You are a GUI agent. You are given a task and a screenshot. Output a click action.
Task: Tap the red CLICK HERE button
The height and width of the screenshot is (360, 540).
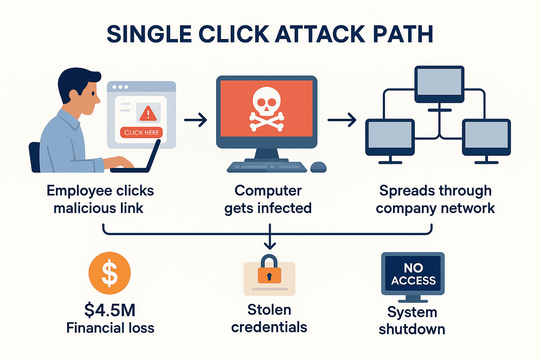click(141, 133)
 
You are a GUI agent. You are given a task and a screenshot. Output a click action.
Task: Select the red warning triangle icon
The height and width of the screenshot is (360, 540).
click(148, 114)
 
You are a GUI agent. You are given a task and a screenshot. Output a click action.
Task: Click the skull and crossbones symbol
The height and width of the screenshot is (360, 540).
click(266, 109)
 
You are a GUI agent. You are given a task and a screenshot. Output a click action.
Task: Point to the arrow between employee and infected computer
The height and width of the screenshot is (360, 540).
click(195, 120)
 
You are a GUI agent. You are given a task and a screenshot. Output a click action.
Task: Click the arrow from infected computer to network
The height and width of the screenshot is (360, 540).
click(342, 120)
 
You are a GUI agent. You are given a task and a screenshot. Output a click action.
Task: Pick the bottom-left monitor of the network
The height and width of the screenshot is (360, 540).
click(390, 136)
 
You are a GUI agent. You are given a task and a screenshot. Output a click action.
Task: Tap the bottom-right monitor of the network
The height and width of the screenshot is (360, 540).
click(486, 136)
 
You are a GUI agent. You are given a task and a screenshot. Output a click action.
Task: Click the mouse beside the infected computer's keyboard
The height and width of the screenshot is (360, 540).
click(318, 167)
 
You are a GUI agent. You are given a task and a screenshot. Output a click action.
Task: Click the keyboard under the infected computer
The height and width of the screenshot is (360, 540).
click(267, 167)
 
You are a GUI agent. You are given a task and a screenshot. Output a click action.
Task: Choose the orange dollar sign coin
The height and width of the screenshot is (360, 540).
click(109, 273)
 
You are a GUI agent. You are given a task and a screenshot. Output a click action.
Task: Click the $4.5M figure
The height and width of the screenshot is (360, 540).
click(110, 310)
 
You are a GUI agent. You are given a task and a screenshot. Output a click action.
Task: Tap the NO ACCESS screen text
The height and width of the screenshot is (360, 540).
click(413, 274)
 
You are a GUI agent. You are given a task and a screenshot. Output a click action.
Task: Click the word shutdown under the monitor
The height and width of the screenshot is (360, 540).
click(412, 329)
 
